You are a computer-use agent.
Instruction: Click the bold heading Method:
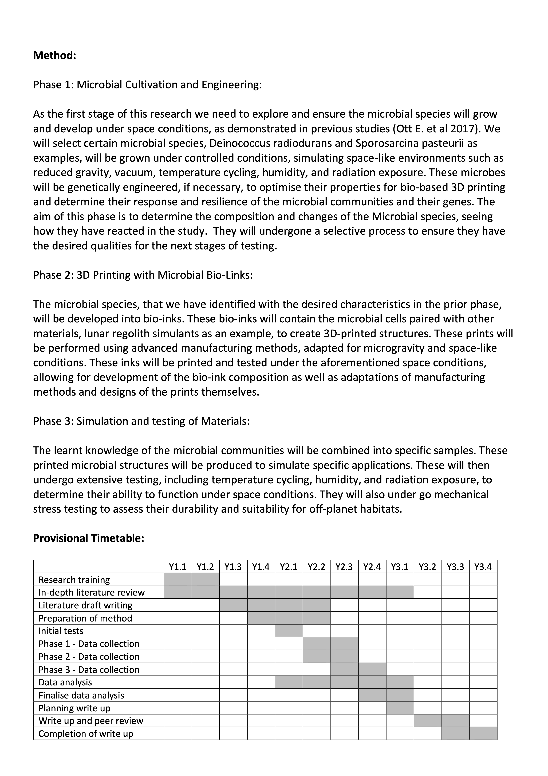coord(54,55)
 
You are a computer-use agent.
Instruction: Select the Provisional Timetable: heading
coord(88,538)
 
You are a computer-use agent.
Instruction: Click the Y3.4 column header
coord(483,567)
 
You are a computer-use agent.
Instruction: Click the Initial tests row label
coord(61,631)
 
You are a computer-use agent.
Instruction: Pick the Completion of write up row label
coord(86,733)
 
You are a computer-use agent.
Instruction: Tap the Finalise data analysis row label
coord(81,695)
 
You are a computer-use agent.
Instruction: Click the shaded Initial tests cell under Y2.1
coord(289,631)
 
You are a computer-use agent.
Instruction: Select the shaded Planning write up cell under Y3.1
coord(400,708)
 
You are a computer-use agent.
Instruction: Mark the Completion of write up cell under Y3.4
coord(483,733)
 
